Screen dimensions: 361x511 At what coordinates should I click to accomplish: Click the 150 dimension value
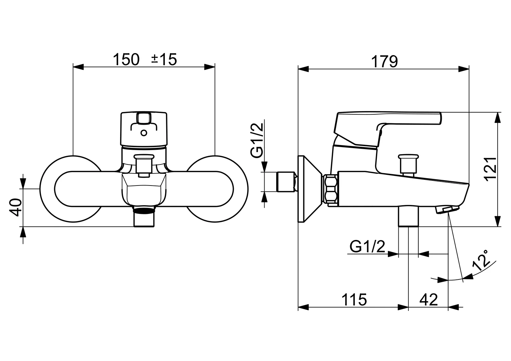126,59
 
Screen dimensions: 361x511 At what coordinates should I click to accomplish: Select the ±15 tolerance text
164,59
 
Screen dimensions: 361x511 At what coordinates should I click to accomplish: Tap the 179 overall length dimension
384,62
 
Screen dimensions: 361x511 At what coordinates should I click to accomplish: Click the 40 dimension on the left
16,207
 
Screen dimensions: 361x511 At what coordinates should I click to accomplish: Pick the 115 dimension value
354,299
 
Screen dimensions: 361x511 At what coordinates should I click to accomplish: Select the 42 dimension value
428,299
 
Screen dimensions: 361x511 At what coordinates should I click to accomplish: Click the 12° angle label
480,260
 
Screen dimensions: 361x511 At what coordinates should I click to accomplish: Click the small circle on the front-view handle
144,133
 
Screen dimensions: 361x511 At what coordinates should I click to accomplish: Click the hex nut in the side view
330,189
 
